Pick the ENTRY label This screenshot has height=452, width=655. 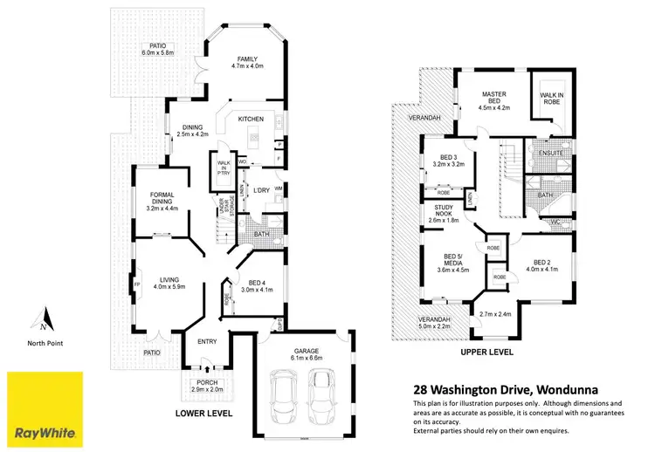(207, 341)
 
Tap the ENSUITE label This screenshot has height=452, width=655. (551, 153)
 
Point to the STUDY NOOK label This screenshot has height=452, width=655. (451, 211)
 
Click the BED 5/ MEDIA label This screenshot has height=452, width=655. (452, 265)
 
